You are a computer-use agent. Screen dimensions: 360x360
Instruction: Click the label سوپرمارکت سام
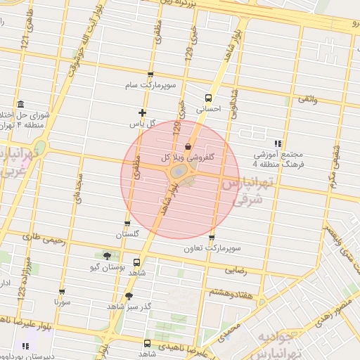[x=150, y=86]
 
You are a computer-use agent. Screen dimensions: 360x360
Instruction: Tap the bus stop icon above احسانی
[x=208, y=98]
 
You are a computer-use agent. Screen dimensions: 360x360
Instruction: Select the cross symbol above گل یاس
[x=142, y=112]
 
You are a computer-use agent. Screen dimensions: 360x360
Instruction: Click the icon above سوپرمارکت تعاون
[x=212, y=237]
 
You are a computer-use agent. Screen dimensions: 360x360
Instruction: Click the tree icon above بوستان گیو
[x=107, y=256]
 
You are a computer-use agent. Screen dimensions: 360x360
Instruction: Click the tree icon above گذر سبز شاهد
[x=128, y=296]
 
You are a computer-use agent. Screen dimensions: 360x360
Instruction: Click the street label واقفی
[x=308, y=101]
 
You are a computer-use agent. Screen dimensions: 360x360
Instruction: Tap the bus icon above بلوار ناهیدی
[x=147, y=343]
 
